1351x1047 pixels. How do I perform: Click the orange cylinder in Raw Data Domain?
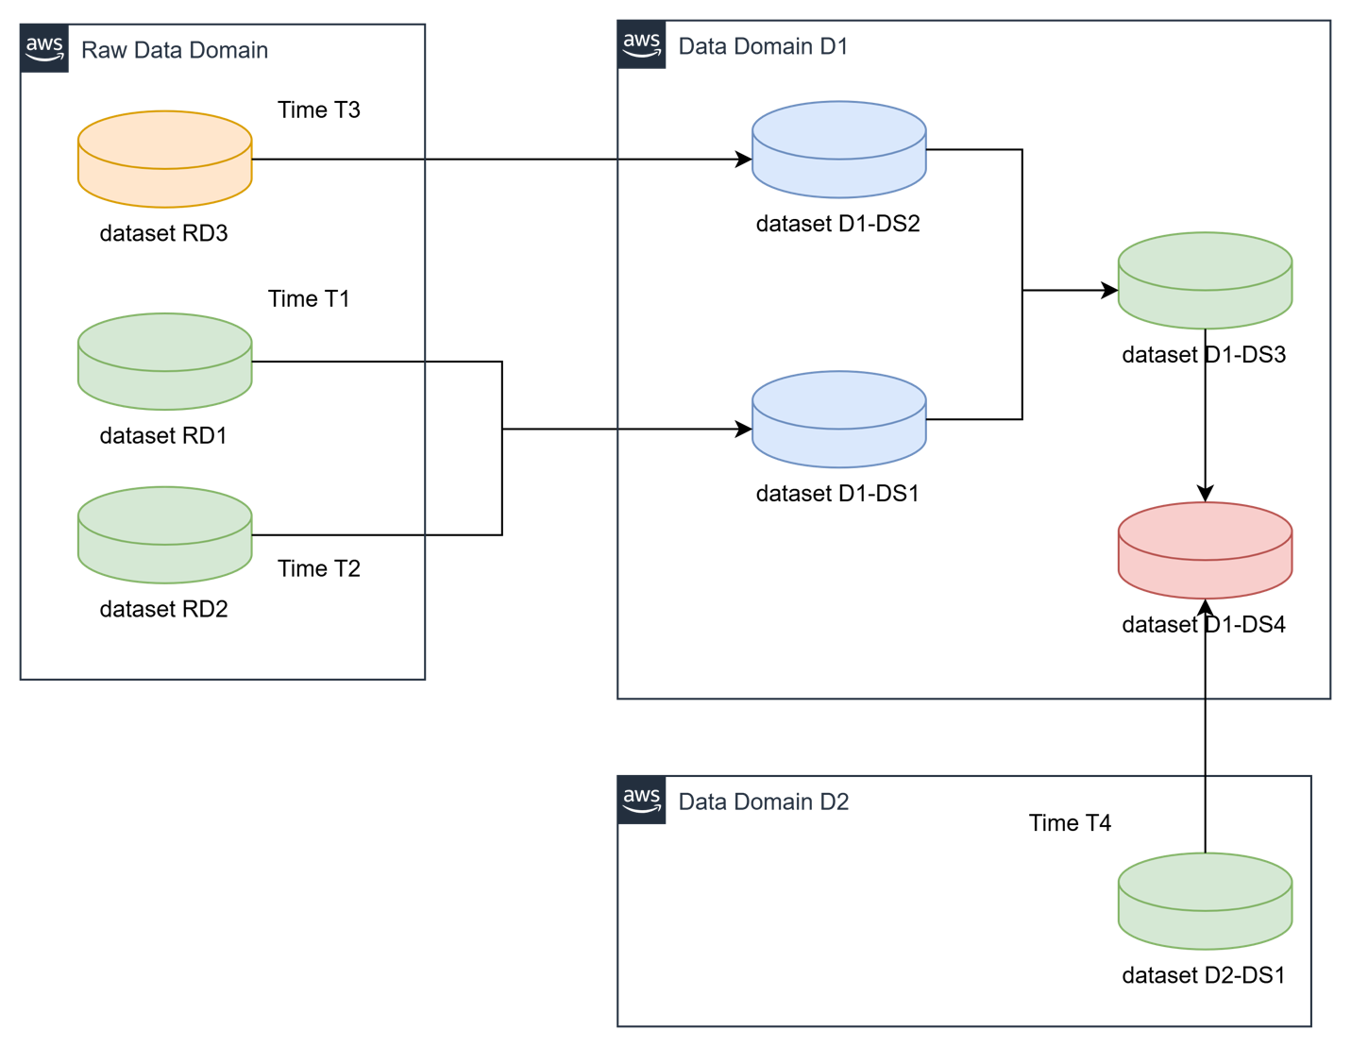click(x=164, y=159)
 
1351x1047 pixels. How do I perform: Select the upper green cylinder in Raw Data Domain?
click(x=164, y=362)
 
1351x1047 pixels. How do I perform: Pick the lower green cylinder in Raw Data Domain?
click(x=164, y=535)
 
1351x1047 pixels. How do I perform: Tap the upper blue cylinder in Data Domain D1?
click(x=838, y=150)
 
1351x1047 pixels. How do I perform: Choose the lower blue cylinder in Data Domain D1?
click(x=838, y=419)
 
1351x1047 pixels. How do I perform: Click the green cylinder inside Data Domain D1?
click(x=1205, y=281)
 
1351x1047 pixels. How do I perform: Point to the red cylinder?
click(x=1205, y=550)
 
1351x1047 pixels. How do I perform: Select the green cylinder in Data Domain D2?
click(x=1205, y=902)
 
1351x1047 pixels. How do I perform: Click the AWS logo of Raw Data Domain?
click(x=44, y=49)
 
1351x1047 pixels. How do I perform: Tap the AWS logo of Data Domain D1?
click(x=642, y=44)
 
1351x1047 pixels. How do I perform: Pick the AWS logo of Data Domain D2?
click(x=642, y=801)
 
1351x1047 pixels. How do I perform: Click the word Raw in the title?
click(x=103, y=50)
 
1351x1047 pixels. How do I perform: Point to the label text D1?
click(x=833, y=46)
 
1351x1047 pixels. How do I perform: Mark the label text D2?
click(x=834, y=802)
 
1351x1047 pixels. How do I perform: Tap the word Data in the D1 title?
click(x=702, y=46)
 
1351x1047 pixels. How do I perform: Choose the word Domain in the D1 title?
click(x=772, y=46)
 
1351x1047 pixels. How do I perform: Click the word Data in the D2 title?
click(x=702, y=802)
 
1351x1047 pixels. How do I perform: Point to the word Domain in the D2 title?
click(x=772, y=802)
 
